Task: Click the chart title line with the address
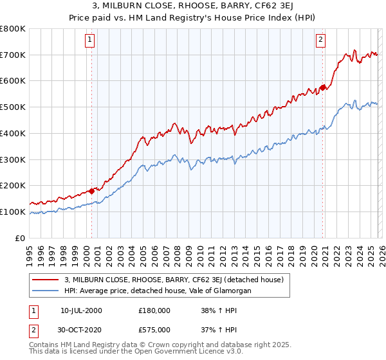[x=193, y=7]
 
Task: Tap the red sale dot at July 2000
[x=92, y=190]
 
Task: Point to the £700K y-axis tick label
[x=13, y=55]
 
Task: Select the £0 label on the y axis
[x=21, y=238]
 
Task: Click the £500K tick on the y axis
[x=13, y=107]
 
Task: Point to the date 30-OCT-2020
[x=81, y=328]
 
